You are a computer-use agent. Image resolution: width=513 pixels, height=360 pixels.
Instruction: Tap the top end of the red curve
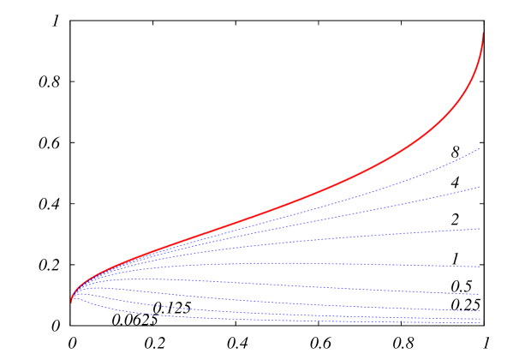[x=483, y=33]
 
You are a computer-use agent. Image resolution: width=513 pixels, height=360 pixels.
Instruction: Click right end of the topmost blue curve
[x=479, y=149]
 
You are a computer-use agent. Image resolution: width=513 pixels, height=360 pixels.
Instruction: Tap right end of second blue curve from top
[x=479, y=187]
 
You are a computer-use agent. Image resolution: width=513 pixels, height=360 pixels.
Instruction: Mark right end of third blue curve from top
[x=479, y=229]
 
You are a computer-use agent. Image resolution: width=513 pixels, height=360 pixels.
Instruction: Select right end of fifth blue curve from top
[x=479, y=294]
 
